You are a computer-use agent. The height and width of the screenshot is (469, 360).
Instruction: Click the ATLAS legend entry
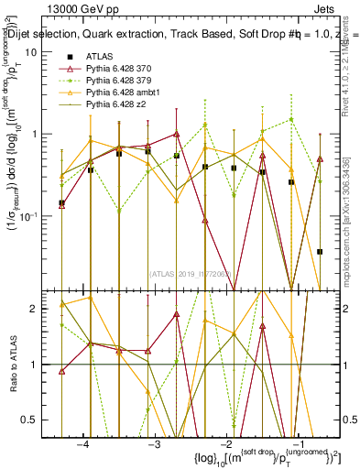click(103, 57)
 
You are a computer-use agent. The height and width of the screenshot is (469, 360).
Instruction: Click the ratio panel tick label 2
click(38, 309)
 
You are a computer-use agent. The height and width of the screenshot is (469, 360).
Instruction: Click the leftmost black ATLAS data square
click(61, 203)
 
